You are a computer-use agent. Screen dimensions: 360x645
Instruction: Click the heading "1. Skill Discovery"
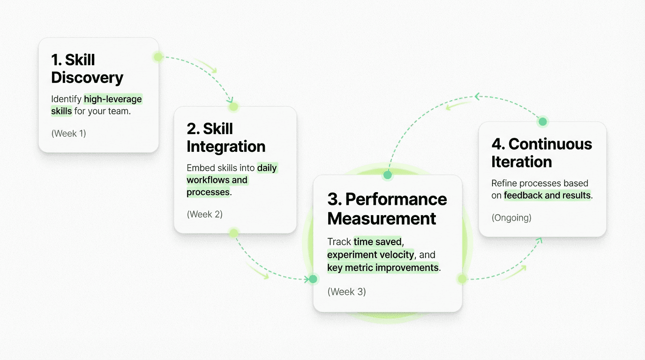point(87,69)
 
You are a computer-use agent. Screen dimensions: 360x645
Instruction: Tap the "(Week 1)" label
point(68,133)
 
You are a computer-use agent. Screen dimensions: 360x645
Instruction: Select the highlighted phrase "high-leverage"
point(112,99)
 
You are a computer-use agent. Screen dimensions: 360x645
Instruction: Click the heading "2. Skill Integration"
point(225,137)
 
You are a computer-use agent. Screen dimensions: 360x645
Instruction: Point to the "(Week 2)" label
point(204,214)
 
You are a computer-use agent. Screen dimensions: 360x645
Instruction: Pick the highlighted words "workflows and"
point(217,180)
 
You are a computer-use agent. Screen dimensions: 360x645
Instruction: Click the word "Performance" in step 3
point(396,199)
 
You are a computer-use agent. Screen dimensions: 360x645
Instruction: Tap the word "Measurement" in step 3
point(382,218)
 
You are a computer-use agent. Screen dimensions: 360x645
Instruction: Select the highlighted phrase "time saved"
point(377,242)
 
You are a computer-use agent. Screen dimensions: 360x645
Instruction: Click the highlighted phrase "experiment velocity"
point(370,255)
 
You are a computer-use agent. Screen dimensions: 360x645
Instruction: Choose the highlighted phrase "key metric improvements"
point(383,268)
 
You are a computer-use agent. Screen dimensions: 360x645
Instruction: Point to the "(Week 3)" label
point(346,292)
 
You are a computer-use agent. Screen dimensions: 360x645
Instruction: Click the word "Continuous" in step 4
point(550,144)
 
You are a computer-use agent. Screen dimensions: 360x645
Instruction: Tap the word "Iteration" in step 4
point(521,162)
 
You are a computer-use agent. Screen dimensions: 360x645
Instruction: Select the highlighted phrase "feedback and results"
point(547,195)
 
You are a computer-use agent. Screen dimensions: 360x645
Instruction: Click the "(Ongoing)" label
point(511,217)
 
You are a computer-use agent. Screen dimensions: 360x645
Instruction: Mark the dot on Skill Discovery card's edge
point(158,57)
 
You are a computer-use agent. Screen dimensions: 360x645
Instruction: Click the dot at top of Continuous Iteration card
point(543,122)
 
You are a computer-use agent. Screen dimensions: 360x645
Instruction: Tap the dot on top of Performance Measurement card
point(387,175)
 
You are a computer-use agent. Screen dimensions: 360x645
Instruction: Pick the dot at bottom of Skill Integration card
point(233,233)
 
